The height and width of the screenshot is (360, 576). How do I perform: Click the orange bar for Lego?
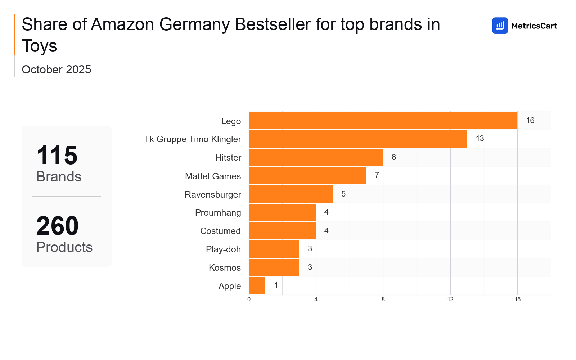pos(383,121)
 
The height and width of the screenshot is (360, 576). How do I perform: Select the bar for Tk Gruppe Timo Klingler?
pos(358,139)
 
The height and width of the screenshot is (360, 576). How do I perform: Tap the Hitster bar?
pos(316,157)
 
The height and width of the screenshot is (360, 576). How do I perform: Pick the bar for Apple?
pos(257,286)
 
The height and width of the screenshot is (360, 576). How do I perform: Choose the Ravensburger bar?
pos(291,194)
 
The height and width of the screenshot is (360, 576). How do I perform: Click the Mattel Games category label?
pos(213,176)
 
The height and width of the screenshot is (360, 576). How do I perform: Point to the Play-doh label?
pos(223,249)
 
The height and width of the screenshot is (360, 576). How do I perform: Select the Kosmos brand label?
pos(225,267)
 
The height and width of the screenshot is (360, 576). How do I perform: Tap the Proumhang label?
pos(218,212)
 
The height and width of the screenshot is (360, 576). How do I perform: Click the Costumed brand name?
pos(220,231)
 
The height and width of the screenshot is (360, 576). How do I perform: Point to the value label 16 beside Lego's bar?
pos(530,121)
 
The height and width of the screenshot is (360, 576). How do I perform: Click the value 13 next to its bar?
pos(480,139)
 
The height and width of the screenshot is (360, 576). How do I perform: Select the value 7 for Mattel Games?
pos(377,175)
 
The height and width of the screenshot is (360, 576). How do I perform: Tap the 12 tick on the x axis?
pos(450,300)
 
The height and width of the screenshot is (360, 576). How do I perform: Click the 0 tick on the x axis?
pos(249,300)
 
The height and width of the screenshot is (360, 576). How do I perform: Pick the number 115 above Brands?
pos(57,155)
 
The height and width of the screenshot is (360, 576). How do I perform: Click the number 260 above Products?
pos(57,226)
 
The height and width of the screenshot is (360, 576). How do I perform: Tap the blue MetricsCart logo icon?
pos(500,26)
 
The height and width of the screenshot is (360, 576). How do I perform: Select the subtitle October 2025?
pos(57,69)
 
